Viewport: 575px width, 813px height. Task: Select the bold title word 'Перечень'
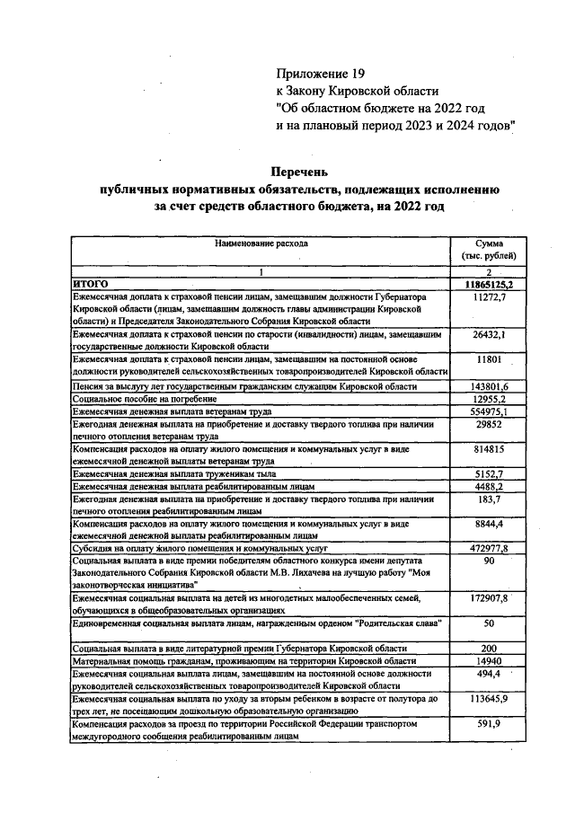(301, 171)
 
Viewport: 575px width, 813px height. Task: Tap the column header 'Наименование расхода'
(261, 243)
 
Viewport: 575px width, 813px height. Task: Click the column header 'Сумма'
(490, 243)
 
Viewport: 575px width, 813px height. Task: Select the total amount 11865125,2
(490, 284)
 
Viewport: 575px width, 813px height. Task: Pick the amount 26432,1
(490, 334)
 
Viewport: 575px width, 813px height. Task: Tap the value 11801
(490, 359)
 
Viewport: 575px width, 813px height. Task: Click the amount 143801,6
(490, 385)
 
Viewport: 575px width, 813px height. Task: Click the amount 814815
(490, 448)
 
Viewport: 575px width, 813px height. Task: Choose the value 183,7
(490, 498)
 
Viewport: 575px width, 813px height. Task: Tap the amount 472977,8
(490, 547)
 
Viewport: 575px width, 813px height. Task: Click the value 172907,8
(490, 597)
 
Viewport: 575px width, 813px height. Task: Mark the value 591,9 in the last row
(490, 722)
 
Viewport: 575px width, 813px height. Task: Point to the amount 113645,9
(490, 697)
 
